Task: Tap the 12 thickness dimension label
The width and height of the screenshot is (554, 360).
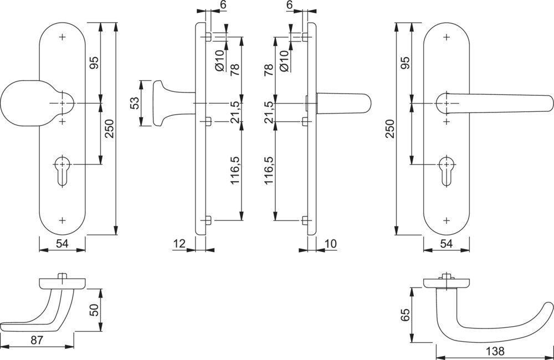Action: (x=178, y=243)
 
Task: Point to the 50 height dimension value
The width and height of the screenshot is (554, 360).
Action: (x=94, y=311)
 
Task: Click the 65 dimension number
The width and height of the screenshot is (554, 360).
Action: (x=404, y=315)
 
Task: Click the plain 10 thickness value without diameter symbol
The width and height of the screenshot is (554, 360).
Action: (x=331, y=243)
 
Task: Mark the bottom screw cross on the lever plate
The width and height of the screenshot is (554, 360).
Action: (x=447, y=220)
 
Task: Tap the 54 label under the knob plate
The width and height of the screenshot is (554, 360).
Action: (x=62, y=243)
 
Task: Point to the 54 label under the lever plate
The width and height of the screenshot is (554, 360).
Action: (x=447, y=243)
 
